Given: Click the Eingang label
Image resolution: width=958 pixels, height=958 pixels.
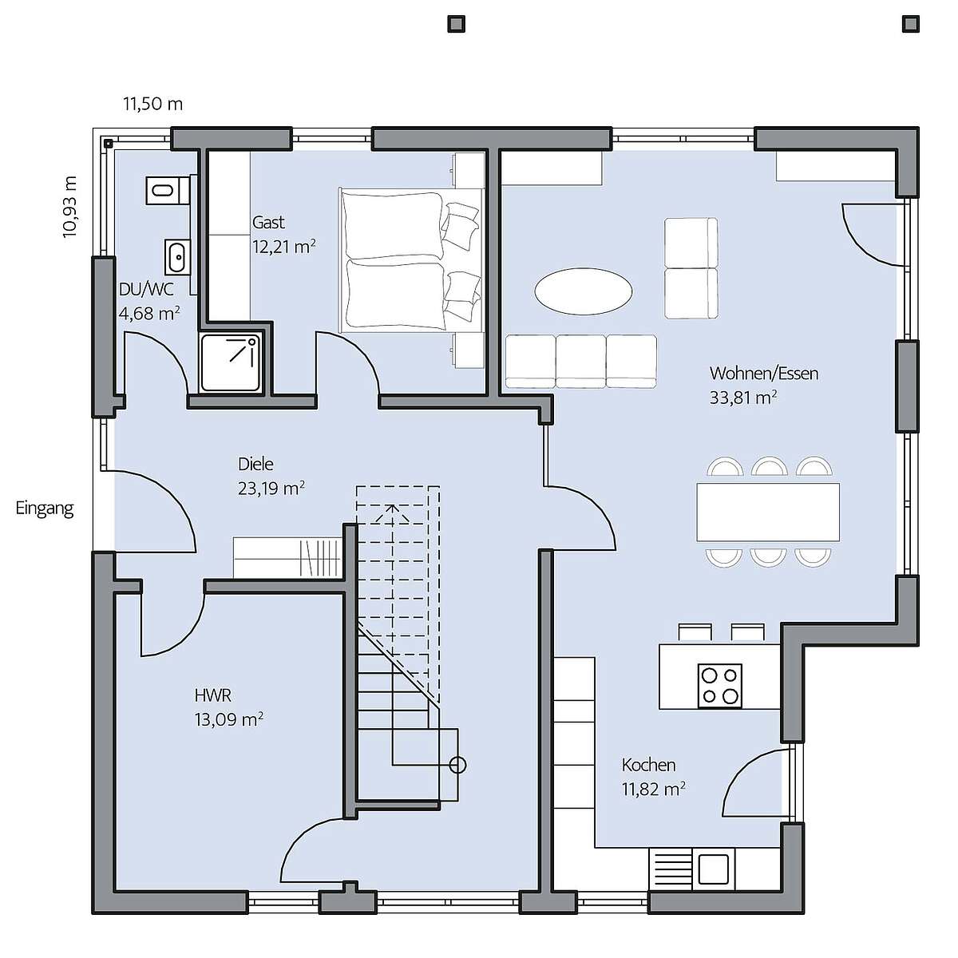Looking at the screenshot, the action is point(45,509).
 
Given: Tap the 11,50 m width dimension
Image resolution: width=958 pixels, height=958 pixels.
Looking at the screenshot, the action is point(153,105).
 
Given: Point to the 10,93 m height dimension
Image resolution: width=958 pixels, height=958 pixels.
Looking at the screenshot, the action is point(70,207).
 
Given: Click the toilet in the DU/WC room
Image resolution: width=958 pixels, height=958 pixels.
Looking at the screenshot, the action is point(167,189).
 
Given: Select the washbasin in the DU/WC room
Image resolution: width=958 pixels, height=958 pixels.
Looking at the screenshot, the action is point(177,257).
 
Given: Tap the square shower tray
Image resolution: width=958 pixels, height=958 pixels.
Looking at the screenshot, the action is point(231,362).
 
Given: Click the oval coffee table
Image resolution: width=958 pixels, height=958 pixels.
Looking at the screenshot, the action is point(583,291).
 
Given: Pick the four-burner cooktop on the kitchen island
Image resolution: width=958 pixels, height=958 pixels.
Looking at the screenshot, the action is point(719,686).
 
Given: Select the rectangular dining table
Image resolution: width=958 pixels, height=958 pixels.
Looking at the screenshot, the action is point(767,512).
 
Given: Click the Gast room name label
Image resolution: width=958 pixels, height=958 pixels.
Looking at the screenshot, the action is point(268,222).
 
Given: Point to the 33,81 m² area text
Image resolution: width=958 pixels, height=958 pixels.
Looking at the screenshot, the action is point(743,398).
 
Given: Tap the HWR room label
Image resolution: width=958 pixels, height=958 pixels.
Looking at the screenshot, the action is point(213,695).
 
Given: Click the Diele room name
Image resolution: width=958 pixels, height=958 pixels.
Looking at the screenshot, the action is point(255,465).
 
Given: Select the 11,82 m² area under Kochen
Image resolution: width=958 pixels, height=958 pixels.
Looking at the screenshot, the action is point(654,789).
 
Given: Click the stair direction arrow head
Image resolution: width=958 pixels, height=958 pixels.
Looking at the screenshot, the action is point(392,513).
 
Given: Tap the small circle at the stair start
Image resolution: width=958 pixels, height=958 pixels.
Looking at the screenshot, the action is point(457,765).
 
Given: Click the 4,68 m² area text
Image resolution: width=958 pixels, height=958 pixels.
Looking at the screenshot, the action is point(149,314).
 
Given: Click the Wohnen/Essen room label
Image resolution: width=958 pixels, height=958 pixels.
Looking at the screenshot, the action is point(764,374).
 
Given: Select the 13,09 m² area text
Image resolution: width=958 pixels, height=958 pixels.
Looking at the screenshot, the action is point(228,719).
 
